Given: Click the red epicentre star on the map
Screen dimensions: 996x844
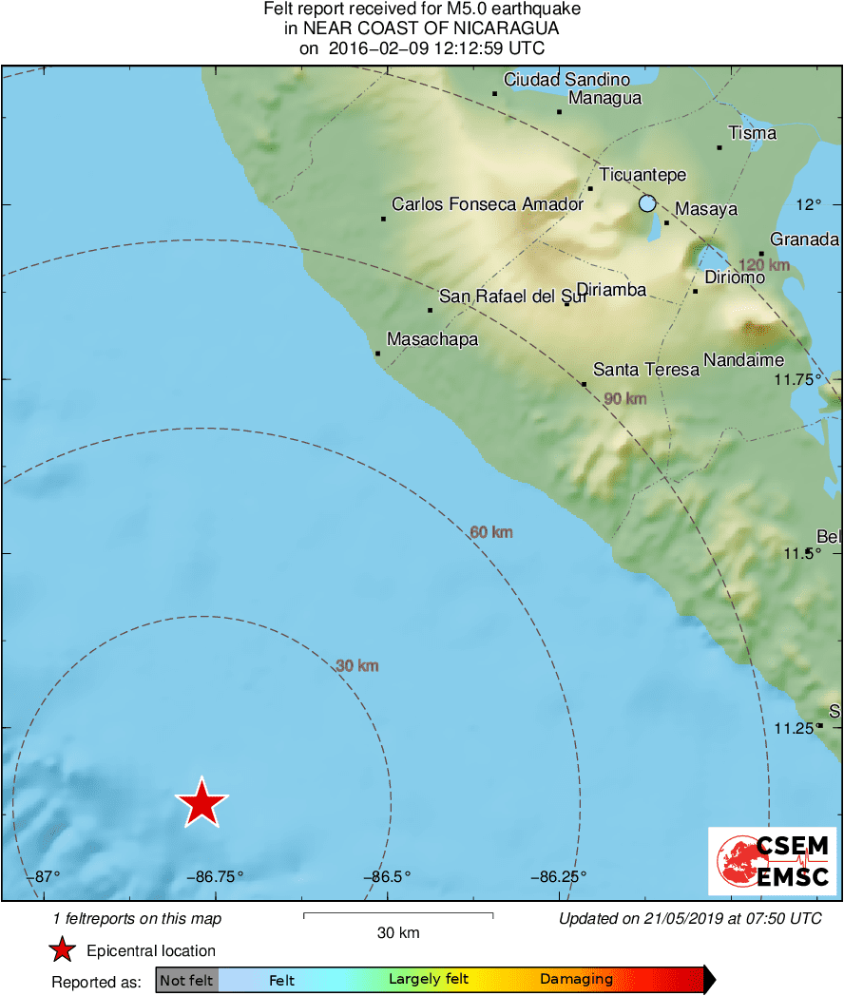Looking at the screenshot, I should pos(201,803).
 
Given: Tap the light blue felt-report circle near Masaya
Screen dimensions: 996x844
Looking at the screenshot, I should pos(647,202).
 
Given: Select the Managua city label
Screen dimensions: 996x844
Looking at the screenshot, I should pos(604,98).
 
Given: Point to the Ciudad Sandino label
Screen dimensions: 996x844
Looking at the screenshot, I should pos(566,80).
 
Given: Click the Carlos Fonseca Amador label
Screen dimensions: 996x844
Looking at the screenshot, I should pos(488,204).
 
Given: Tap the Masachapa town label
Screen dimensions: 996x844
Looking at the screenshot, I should pos(432,339).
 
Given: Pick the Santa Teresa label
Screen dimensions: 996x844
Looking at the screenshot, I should pos(646,370).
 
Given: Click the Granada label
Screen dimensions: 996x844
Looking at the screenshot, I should pos(804,239).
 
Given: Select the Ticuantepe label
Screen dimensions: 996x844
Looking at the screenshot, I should pos(643,175).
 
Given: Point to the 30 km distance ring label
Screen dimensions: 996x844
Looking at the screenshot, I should pos(357,666).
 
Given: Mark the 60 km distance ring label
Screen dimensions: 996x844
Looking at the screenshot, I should pos(491,532).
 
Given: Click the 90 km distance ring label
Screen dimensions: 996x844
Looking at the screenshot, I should pos(624,398).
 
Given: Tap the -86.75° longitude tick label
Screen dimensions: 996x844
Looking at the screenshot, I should pos(215,876).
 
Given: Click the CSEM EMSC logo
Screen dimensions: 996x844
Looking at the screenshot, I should pos(772,861).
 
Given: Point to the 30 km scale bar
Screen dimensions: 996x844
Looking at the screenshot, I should pos(397,915).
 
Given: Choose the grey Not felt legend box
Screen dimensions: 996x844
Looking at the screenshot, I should pos(186,980).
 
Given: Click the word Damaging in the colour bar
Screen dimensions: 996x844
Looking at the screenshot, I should pos(576,980).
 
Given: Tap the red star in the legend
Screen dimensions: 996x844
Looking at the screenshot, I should pos(62,949).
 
